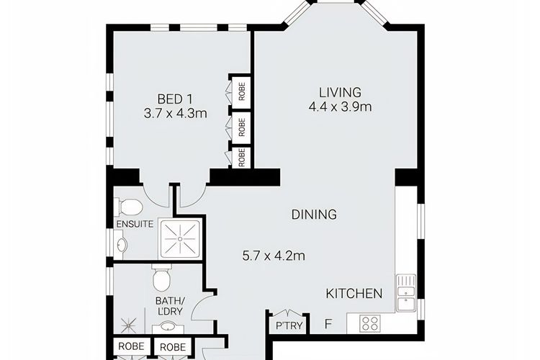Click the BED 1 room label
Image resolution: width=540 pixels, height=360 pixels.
[175, 99]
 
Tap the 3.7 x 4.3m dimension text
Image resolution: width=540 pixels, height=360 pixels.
[175, 113]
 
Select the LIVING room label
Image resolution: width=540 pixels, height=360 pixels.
[341, 92]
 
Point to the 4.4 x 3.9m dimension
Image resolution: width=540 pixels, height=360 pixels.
[341, 107]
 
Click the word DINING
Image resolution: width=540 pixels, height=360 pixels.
[314, 215]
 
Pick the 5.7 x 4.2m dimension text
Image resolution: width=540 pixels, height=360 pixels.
[274, 256]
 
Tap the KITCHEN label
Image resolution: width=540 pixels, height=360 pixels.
[354, 294]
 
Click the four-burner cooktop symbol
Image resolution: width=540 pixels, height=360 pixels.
[370, 323]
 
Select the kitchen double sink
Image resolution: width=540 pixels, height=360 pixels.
[406, 293]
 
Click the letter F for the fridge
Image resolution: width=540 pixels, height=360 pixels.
[328, 324]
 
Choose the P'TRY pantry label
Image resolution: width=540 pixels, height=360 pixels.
[289, 325]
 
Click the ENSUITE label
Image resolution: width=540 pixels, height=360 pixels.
[135, 224]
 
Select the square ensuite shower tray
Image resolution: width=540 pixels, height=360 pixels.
[180, 239]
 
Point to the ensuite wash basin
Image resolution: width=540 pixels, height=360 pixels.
[120, 245]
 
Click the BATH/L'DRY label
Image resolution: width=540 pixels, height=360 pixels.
[171, 306]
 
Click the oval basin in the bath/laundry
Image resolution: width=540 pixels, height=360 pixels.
[168, 326]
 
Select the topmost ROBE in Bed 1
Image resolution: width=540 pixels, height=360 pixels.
[242, 91]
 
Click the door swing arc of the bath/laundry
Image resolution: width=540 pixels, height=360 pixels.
[196, 305]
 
